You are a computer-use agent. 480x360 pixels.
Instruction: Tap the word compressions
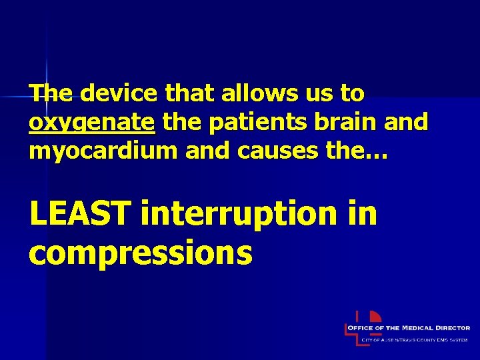[141, 253]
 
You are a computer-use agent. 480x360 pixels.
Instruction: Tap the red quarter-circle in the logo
[375, 317]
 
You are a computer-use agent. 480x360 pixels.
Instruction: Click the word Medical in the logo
[419, 328]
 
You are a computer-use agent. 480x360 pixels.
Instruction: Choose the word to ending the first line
[352, 94]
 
